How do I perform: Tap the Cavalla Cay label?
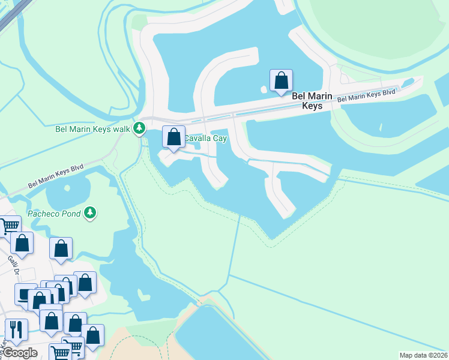205,139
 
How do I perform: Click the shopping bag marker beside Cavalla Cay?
173,137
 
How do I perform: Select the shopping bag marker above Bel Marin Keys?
281,80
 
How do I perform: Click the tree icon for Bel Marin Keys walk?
139,128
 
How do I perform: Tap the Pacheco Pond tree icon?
90,213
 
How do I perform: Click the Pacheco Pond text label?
54,214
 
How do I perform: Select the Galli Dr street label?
13,262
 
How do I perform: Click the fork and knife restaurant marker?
16,329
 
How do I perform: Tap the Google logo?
20,353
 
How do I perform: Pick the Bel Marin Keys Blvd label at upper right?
366,95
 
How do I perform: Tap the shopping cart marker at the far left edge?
9,226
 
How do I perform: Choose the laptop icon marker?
25,295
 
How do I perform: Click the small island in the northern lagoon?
264,90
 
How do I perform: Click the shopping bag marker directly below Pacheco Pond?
61,248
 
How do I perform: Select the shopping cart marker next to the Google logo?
60,352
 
